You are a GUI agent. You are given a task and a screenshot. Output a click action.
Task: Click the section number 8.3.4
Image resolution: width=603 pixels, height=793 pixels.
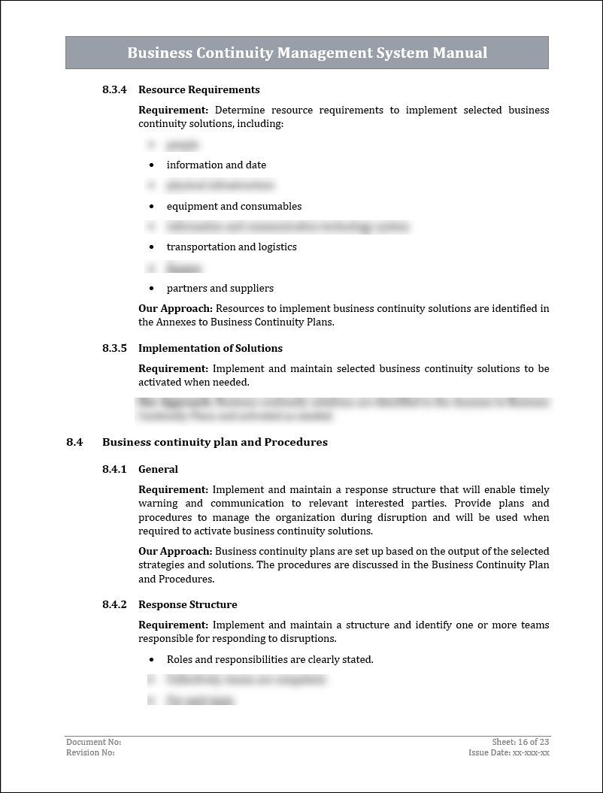click(x=114, y=90)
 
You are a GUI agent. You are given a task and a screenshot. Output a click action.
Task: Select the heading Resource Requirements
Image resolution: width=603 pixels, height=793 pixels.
click(x=199, y=90)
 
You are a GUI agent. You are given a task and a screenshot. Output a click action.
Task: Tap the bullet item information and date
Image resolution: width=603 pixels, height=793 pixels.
click(x=217, y=165)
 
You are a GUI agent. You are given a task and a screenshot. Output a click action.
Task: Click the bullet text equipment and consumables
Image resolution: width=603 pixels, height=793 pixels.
click(x=234, y=206)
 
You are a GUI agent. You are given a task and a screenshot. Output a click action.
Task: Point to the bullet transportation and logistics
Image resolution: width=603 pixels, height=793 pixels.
click(x=232, y=247)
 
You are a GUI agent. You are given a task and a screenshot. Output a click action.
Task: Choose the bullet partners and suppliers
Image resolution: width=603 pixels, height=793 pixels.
click(x=220, y=289)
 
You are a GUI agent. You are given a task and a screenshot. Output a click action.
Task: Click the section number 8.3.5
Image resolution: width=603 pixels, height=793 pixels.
click(x=114, y=349)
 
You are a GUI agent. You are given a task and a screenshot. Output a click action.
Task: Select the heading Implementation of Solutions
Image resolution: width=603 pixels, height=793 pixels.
click(x=211, y=349)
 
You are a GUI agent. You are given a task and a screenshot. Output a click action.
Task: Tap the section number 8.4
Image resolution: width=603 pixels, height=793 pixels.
click(x=74, y=442)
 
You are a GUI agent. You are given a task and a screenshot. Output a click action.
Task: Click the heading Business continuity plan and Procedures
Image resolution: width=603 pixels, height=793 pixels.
click(x=215, y=442)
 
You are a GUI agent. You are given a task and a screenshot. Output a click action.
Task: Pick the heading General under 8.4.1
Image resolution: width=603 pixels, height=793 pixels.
click(x=158, y=470)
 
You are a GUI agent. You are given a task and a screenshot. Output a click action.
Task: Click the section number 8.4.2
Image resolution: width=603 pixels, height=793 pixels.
click(x=114, y=605)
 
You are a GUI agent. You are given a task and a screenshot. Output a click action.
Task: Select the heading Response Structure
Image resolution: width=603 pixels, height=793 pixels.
click(x=188, y=605)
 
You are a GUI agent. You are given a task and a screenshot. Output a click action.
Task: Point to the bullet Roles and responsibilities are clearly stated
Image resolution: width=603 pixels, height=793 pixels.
click(x=270, y=660)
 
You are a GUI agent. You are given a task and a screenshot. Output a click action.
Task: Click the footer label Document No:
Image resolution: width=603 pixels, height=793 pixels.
click(x=94, y=743)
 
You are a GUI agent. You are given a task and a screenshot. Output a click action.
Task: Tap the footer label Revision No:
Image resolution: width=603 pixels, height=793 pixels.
click(x=91, y=752)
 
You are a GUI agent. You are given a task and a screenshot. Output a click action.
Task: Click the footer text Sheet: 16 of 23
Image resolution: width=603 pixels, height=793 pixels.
click(x=520, y=743)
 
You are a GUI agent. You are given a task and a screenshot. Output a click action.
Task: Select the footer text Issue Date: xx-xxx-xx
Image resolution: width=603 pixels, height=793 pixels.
click(x=509, y=752)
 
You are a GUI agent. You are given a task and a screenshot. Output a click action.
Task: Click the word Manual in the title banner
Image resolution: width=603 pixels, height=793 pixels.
click(x=459, y=53)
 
